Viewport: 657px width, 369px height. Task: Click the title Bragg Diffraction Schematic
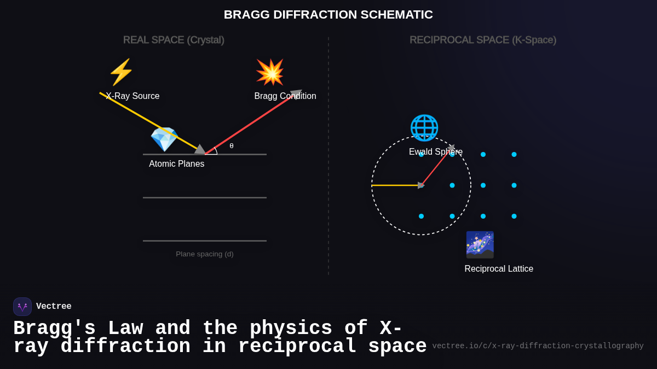point(328,15)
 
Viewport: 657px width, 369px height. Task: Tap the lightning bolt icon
point(121,72)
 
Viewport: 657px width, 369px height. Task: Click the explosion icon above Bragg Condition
point(270,72)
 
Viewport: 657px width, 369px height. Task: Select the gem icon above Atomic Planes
point(164,139)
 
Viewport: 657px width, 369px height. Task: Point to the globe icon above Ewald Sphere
point(424,128)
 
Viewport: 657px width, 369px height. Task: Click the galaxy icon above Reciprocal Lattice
point(480,245)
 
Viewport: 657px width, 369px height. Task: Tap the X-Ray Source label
point(133,96)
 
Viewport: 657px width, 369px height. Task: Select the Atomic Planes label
point(176,164)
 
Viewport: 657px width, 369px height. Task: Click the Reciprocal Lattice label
point(499,269)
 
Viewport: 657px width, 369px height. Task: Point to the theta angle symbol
point(232,146)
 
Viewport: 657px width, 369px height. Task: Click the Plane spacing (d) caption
point(204,254)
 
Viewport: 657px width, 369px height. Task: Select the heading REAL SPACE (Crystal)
point(174,40)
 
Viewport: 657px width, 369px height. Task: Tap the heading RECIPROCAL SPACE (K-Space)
point(483,40)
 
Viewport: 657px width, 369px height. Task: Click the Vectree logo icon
point(22,307)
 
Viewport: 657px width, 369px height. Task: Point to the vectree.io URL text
point(538,346)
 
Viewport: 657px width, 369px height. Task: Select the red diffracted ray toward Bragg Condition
point(252,124)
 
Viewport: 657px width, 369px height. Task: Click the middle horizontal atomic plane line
point(205,197)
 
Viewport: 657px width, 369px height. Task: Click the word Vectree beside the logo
point(54,307)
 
